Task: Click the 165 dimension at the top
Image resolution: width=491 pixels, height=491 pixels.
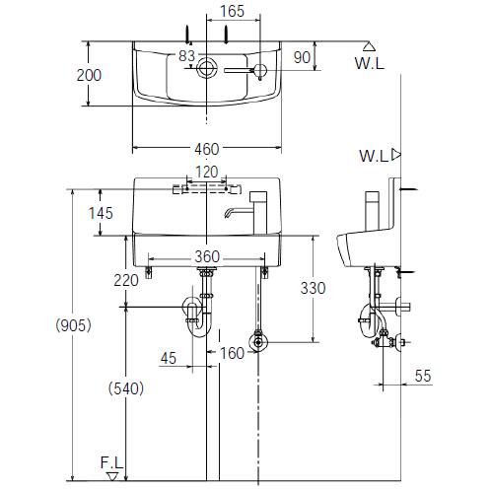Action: [x=233, y=11]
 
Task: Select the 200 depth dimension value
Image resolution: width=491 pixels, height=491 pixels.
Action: [x=89, y=75]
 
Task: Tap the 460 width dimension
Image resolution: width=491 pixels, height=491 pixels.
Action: [x=207, y=149]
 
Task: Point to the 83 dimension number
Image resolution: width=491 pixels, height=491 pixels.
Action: [x=186, y=56]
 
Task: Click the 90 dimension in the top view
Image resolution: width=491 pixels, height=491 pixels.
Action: [x=302, y=57]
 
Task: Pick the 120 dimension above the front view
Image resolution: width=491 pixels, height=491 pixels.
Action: [x=207, y=172]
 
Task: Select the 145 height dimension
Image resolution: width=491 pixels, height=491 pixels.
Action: [x=101, y=213]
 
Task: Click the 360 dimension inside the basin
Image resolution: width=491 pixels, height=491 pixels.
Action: [x=207, y=256]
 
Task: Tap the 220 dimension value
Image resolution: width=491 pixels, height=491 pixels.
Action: [x=126, y=280]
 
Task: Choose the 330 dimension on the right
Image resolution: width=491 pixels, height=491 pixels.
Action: [x=313, y=288]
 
